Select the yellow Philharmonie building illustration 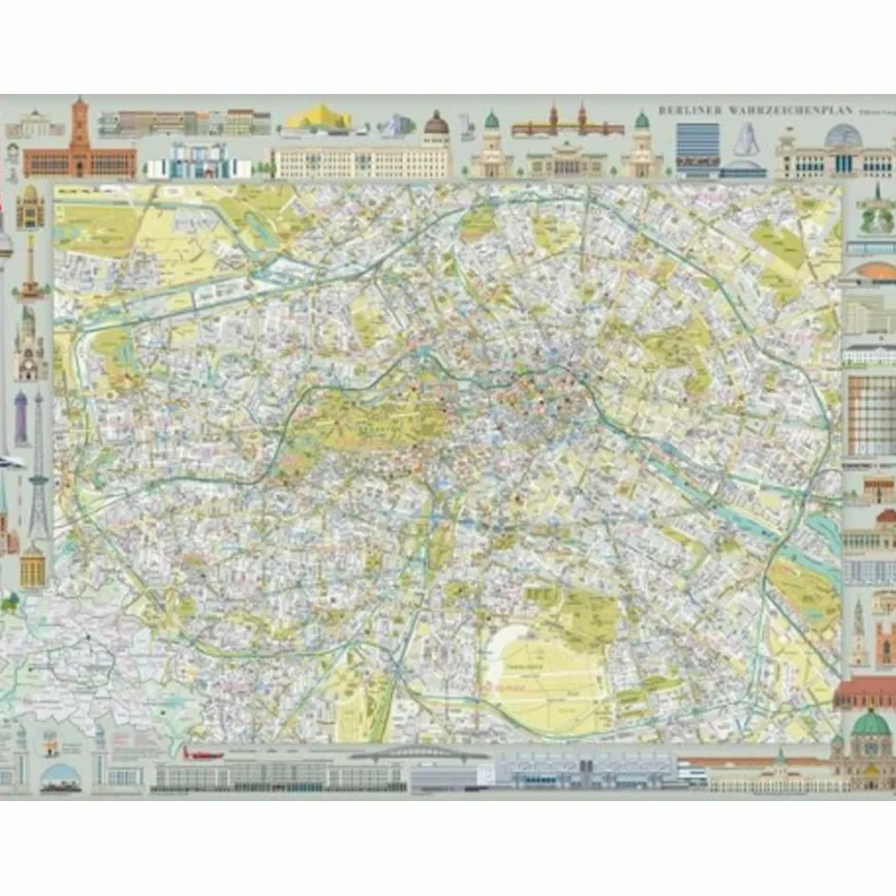point(319,120)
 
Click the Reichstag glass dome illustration point(842,137)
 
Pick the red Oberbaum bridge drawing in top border point(567,123)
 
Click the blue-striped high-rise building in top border point(697,148)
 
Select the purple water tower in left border point(21,418)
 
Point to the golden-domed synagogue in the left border point(29,206)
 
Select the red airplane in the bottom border point(202,754)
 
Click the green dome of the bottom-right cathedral point(870,725)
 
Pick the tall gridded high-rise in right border point(870,415)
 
